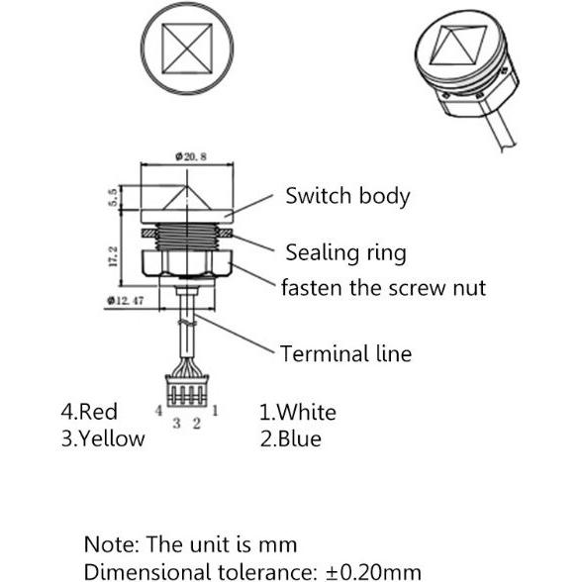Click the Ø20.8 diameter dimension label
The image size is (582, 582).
point(191,156)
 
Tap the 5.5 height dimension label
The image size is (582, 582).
point(113,197)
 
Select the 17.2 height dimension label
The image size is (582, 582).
point(113,256)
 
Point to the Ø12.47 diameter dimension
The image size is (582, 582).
point(125,300)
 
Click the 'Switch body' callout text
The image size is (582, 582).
point(347,196)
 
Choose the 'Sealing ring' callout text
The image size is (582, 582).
point(346,252)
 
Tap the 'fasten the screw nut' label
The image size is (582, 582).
point(383,288)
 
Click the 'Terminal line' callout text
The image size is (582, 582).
point(346,353)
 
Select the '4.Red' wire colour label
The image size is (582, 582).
point(89,412)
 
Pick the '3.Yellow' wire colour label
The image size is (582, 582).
point(103,438)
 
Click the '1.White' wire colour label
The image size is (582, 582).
point(298,412)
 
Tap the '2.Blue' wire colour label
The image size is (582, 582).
point(291,438)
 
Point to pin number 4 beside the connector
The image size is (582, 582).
point(158,411)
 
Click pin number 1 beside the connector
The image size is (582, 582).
point(215,411)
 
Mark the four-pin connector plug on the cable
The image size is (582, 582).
point(187,390)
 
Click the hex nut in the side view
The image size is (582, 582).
point(187,263)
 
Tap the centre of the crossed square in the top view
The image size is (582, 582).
point(187,48)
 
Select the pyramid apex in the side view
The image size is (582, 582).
point(187,185)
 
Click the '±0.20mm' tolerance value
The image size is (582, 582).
point(373,572)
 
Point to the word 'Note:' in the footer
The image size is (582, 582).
point(111,544)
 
